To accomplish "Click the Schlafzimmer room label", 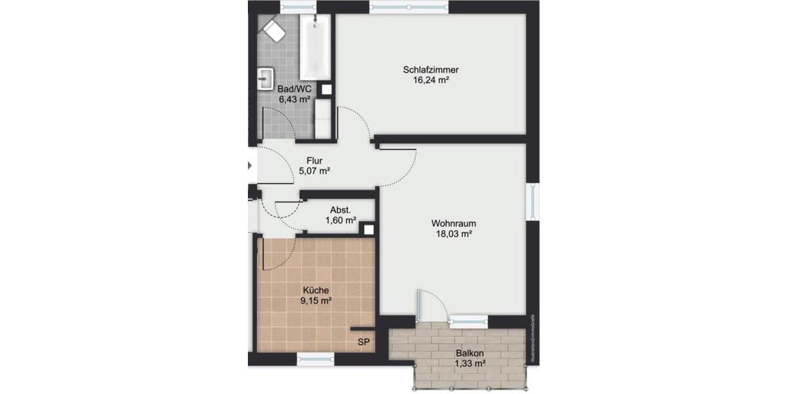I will [x=430, y=70].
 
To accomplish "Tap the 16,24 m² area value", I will [x=430, y=80].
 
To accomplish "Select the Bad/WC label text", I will [x=294, y=89].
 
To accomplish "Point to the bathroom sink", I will [x=266, y=79].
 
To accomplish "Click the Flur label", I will [x=315, y=160].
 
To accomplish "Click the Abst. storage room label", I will [x=340, y=210].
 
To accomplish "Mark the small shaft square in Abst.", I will [x=369, y=230].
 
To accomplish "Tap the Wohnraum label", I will [x=453, y=223].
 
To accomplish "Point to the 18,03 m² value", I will [x=453, y=233].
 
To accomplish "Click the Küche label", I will [x=315, y=290].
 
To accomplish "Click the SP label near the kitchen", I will [x=363, y=342].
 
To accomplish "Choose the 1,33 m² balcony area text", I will [x=470, y=363].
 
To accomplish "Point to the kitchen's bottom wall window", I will [x=315, y=359].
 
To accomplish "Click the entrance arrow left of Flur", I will [x=251, y=165].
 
